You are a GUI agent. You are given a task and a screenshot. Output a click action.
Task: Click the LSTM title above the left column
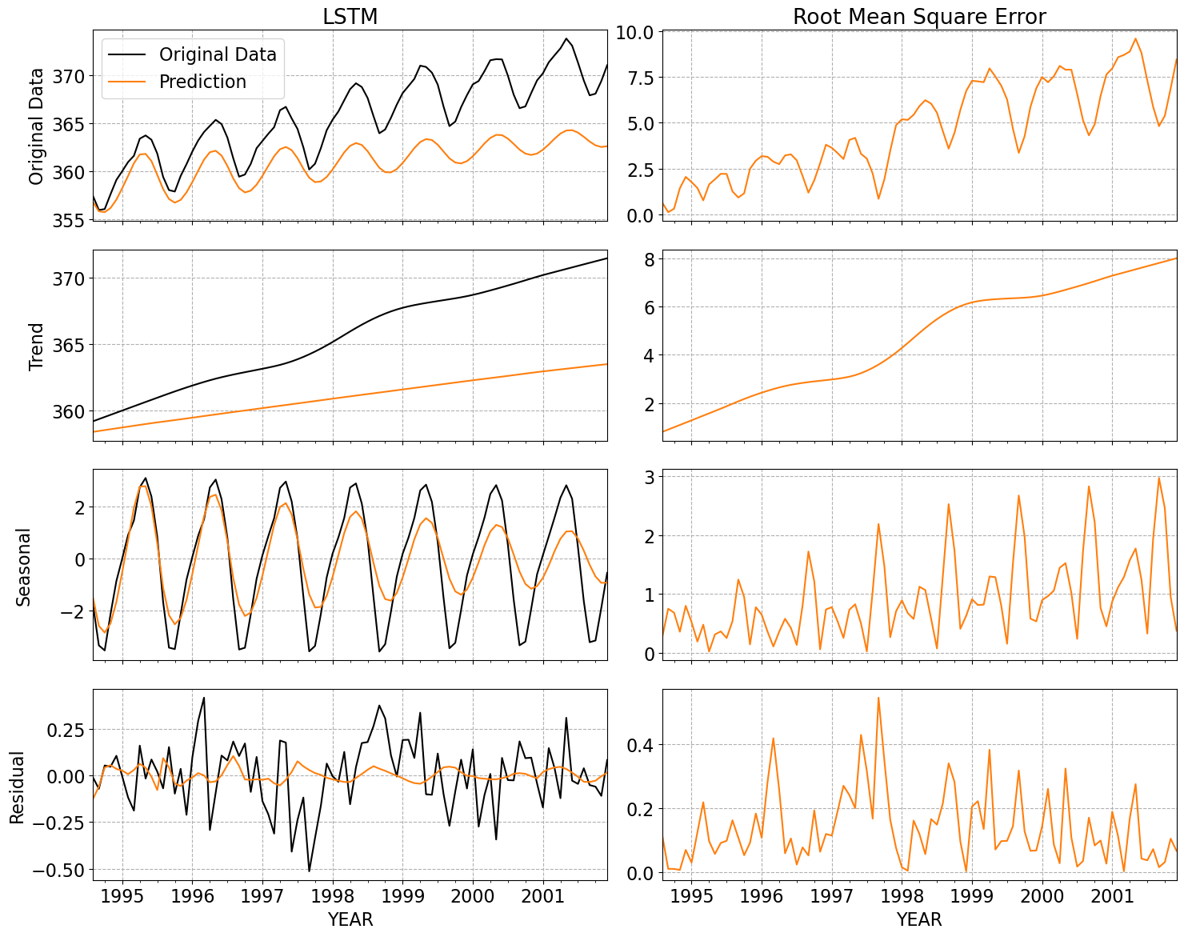350,17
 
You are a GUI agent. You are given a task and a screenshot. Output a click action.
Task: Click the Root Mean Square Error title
919,17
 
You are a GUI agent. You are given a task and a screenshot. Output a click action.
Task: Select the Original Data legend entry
218,54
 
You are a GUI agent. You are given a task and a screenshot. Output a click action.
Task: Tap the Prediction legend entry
202,82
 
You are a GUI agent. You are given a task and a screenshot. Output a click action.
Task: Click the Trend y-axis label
36,346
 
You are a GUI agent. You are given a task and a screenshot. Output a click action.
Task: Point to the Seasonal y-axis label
24,567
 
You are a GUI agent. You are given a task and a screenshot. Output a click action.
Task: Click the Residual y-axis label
17,787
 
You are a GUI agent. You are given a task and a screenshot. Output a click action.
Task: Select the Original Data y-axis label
36,126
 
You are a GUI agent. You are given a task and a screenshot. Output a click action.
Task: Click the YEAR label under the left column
350,919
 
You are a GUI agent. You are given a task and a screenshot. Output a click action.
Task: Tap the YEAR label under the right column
919,919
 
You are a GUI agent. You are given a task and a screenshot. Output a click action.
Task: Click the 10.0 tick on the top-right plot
635,32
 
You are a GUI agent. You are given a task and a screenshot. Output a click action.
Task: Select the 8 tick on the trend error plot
649,259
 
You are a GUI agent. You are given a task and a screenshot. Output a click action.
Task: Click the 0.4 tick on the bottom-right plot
642,745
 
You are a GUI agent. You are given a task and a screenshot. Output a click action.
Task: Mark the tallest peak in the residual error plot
878,697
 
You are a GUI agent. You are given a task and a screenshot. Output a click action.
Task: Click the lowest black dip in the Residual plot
310,871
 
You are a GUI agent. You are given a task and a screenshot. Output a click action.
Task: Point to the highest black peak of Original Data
566,38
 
